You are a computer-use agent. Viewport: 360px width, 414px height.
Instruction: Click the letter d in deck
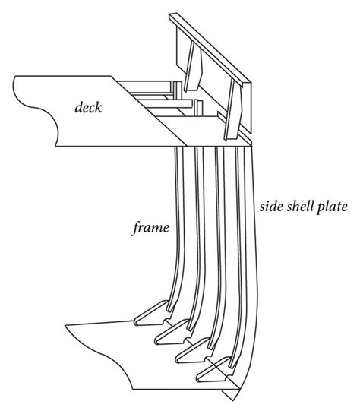coord(77,106)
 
